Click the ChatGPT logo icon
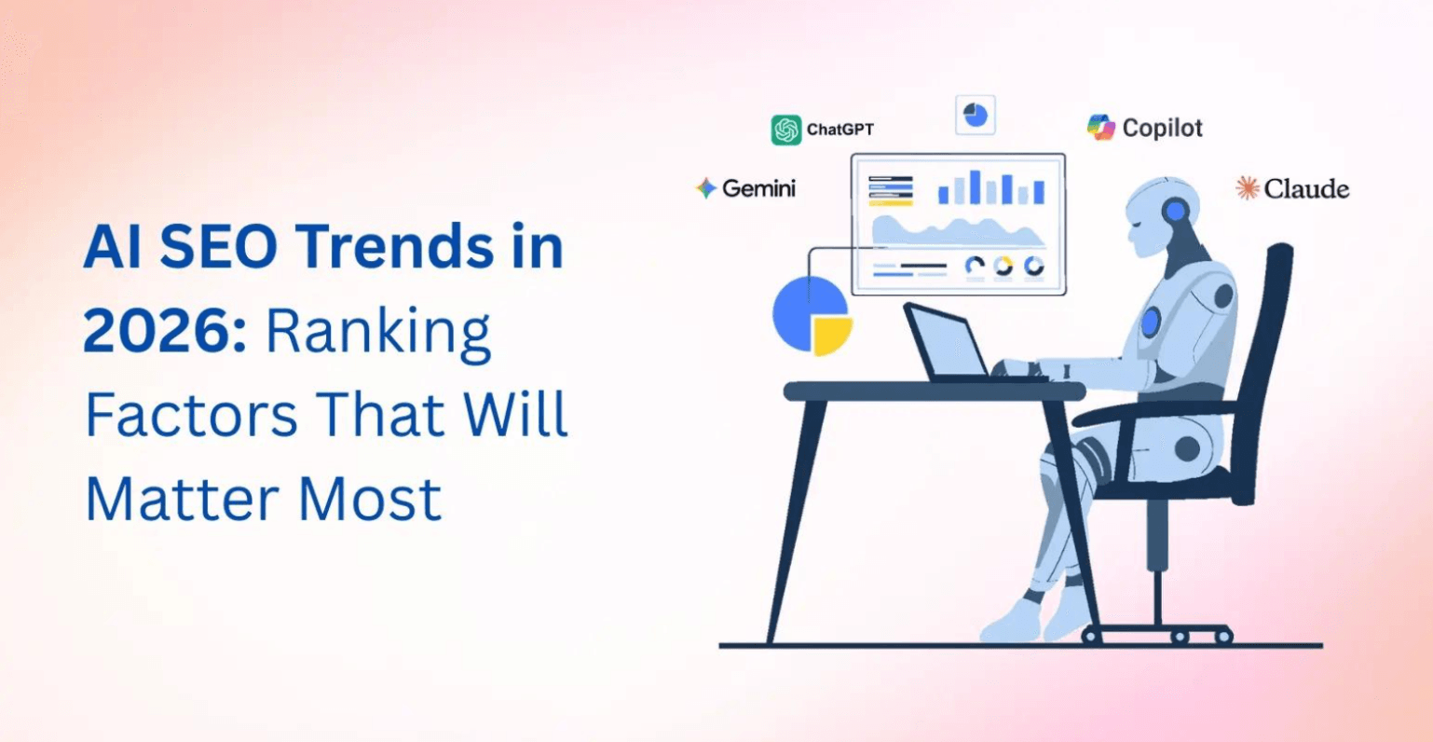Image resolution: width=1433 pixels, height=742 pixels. tap(786, 130)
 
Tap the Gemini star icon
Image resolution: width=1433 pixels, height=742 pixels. tap(706, 188)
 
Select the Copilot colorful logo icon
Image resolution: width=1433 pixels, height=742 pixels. tap(1101, 128)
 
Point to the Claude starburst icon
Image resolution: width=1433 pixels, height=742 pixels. tap(1247, 188)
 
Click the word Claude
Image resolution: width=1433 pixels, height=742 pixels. tap(1306, 189)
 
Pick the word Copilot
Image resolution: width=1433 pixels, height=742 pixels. tap(1162, 128)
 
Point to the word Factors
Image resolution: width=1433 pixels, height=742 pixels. tap(192, 416)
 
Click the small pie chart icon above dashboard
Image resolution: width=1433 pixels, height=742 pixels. tap(976, 116)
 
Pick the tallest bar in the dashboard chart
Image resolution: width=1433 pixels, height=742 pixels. tap(976, 186)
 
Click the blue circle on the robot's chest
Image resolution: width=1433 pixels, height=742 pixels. tap(1152, 322)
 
